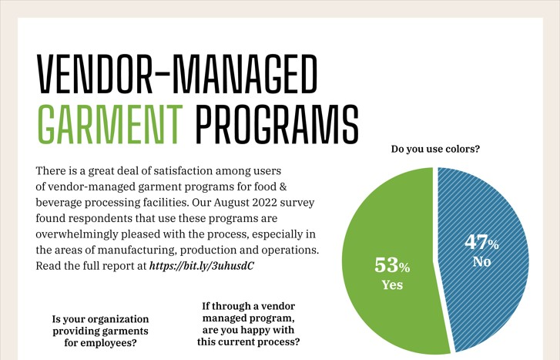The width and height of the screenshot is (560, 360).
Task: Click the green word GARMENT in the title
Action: tap(110, 123)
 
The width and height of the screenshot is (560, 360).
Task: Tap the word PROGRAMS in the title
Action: tap(277, 123)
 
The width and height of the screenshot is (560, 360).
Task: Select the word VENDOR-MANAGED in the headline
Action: tap(177, 74)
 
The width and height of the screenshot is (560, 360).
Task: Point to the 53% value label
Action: tap(392, 266)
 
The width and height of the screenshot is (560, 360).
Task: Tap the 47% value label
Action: tap(482, 242)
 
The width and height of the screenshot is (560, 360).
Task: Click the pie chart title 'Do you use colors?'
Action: tap(435, 149)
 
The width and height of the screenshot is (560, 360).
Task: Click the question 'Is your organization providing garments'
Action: tap(100, 325)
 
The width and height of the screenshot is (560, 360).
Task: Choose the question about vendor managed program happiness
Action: tap(248, 325)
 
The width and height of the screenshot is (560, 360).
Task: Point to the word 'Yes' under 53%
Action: tap(392, 285)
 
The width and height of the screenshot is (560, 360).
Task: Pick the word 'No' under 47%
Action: tap(482, 262)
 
